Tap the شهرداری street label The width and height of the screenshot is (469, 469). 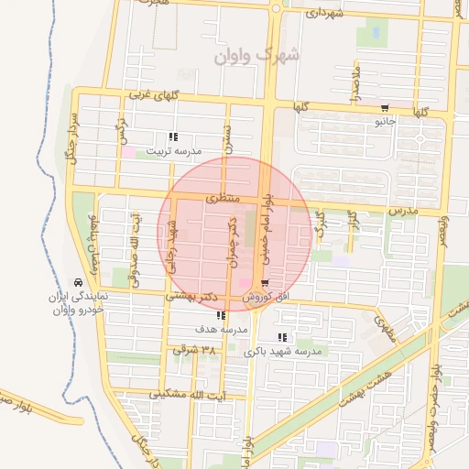click(x=325, y=14)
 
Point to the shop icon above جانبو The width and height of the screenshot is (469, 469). click(x=385, y=108)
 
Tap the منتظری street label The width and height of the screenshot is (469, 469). click(x=223, y=198)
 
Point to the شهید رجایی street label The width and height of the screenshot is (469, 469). click(x=171, y=247)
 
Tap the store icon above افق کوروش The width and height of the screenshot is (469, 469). click(x=265, y=282)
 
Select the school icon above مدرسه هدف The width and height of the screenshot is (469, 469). click(x=220, y=316)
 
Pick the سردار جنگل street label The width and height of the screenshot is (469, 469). click(x=67, y=137)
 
